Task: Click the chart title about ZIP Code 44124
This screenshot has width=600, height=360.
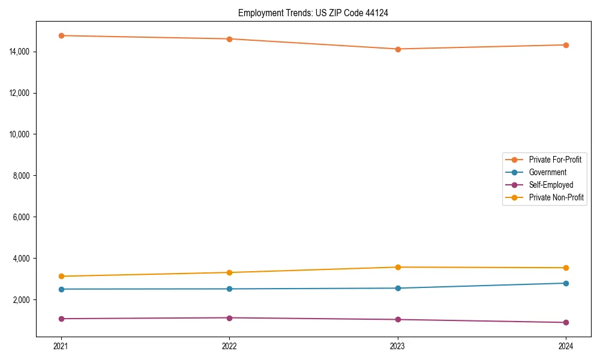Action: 313,13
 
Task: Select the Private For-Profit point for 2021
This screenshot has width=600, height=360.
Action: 61,35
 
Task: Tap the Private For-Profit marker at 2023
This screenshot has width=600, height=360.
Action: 397,49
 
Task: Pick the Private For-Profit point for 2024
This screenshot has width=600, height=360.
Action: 566,45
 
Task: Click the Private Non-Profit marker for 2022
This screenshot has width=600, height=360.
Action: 229,272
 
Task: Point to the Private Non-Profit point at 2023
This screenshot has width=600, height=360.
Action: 397,267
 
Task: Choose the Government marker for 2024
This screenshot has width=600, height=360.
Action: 566,283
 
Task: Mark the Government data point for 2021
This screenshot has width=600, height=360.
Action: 61,289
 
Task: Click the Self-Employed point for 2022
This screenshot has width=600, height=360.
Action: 229,318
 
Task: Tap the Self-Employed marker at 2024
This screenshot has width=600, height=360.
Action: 566,323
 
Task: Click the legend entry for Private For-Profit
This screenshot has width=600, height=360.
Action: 554,160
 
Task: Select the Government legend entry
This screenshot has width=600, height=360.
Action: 547,172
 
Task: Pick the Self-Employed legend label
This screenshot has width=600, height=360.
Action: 551,185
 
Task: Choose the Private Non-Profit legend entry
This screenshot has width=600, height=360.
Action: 556,197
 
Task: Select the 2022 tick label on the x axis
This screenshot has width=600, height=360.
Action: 229,346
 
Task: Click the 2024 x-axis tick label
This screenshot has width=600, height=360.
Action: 566,346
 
